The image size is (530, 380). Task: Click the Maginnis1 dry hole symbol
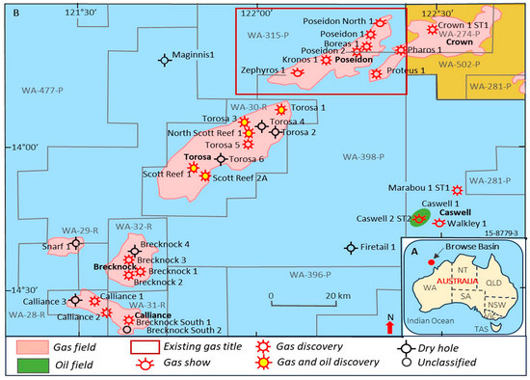click(x=165, y=59)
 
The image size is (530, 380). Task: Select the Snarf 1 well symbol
click(x=77, y=245)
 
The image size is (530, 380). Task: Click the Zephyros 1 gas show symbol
click(x=298, y=71)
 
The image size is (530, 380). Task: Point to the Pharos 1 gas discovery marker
click(x=400, y=49)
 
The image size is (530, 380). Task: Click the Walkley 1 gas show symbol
click(x=439, y=223)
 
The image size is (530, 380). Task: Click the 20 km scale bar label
click(x=336, y=295)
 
